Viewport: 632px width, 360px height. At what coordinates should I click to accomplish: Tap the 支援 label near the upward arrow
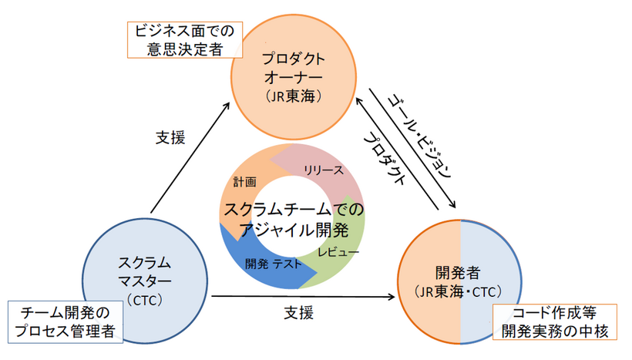(171, 137)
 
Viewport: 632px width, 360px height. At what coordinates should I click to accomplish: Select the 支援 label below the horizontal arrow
(298, 314)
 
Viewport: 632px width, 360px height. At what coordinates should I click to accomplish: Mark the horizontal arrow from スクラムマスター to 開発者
(301, 295)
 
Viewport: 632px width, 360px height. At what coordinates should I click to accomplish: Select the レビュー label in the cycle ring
(338, 252)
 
